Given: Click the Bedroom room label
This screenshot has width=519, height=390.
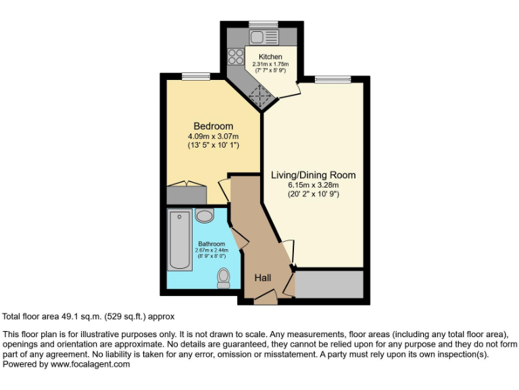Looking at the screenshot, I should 213,126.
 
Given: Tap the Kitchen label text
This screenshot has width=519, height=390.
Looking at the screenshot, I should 270,56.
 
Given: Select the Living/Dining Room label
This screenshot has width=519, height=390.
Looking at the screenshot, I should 313,175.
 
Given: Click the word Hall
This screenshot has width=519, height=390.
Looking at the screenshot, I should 264,278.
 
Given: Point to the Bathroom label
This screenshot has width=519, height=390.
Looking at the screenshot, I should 211,244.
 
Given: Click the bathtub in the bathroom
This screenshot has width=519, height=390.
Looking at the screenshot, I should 180,240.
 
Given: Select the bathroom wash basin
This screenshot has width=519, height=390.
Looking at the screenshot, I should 203,215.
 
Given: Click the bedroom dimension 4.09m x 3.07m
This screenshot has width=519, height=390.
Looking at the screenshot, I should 213,135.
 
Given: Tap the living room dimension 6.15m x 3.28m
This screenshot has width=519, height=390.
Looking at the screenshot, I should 313,185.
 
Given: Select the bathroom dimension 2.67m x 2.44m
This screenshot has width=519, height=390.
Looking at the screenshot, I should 211,251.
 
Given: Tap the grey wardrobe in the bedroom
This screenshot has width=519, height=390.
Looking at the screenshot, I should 186,194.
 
